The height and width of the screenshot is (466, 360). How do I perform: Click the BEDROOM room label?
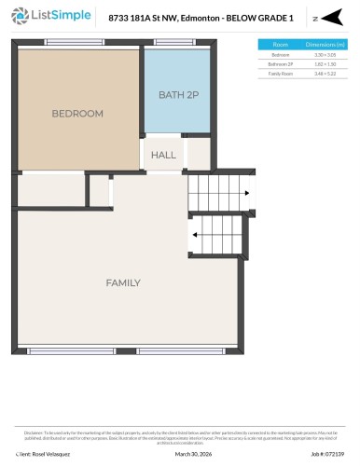coord(76,113)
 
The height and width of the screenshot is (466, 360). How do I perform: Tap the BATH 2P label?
coord(177,95)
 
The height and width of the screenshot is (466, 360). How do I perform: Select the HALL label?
coord(163,155)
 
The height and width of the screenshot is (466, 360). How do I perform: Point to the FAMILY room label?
coord(122,282)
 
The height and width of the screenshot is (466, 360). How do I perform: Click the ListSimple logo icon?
coord(16,18)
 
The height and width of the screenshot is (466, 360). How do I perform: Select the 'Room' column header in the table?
coord(280,45)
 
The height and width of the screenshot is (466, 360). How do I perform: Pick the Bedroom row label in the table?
coord(280,55)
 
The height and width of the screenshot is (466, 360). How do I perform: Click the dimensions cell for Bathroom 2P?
coord(324,63)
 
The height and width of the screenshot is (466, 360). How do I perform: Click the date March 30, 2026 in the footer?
coord(193,456)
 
